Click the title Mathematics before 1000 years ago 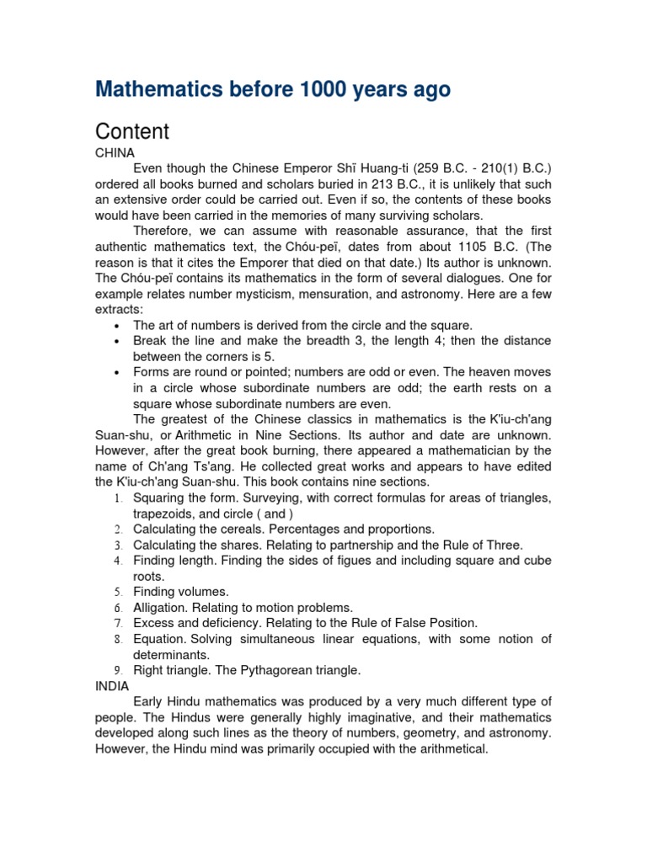click(273, 90)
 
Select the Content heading click(132, 131)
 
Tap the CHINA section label click(115, 153)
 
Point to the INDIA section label click(112, 686)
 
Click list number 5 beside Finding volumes click(119, 592)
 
